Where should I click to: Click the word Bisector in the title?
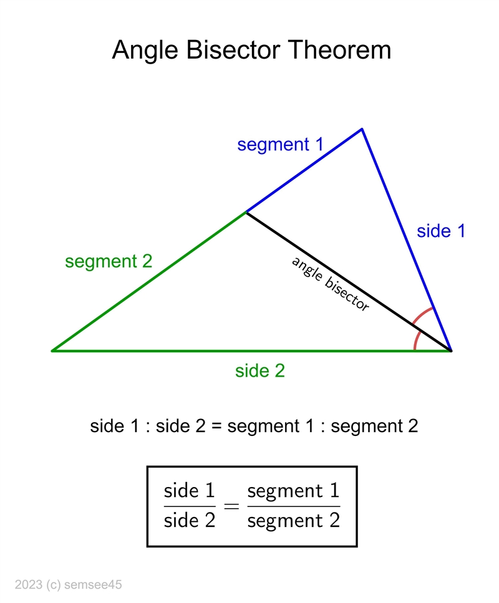[x=233, y=50]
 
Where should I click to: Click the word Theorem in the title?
[x=340, y=50]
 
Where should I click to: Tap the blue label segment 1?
[x=280, y=145]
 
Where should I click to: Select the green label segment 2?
[x=109, y=262]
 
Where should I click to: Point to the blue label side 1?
[x=441, y=231]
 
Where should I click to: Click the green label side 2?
[x=260, y=371]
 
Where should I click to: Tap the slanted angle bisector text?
[x=330, y=284]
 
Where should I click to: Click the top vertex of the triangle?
[x=362, y=129]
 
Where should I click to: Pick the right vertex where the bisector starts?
[x=451, y=350]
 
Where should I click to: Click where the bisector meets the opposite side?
[x=246, y=212]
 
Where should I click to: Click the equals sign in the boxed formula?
[x=231, y=506]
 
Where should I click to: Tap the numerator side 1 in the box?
[x=189, y=491]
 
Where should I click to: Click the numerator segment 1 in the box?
[x=294, y=491]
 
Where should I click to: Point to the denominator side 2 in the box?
[x=189, y=520]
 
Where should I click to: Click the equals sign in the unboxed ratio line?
[x=216, y=427]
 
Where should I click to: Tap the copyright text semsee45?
[x=93, y=584]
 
